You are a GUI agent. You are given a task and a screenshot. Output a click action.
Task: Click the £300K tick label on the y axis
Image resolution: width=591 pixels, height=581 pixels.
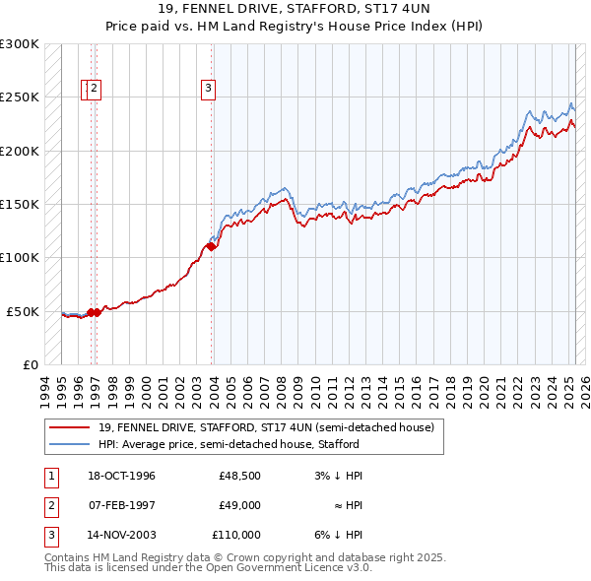[20, 44]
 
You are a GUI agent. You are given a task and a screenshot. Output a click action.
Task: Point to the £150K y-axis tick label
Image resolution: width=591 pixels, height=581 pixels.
[20, 205]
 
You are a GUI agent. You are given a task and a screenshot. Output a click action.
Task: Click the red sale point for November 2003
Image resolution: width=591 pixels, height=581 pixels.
[212, 247]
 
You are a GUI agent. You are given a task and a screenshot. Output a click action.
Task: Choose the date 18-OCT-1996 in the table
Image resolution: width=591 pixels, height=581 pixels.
[122, 476]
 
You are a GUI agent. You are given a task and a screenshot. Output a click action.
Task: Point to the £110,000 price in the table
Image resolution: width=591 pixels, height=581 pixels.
[236, 535]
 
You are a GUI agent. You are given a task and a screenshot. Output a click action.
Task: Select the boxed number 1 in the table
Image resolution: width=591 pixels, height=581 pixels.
[50, 476]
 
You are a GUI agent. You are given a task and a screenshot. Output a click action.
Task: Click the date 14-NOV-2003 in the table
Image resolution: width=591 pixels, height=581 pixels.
[123, 535]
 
